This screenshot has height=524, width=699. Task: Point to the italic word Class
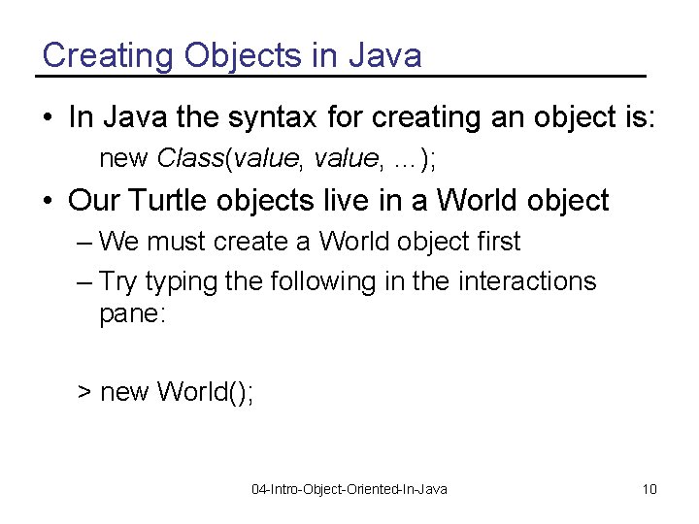189,157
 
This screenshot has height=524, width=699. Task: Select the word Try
117,281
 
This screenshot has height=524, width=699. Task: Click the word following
312,281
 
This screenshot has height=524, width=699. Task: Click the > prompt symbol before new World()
84,392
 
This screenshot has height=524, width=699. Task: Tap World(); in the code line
205,391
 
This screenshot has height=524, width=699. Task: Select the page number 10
649,489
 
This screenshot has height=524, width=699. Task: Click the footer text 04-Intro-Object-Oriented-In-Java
349,489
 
